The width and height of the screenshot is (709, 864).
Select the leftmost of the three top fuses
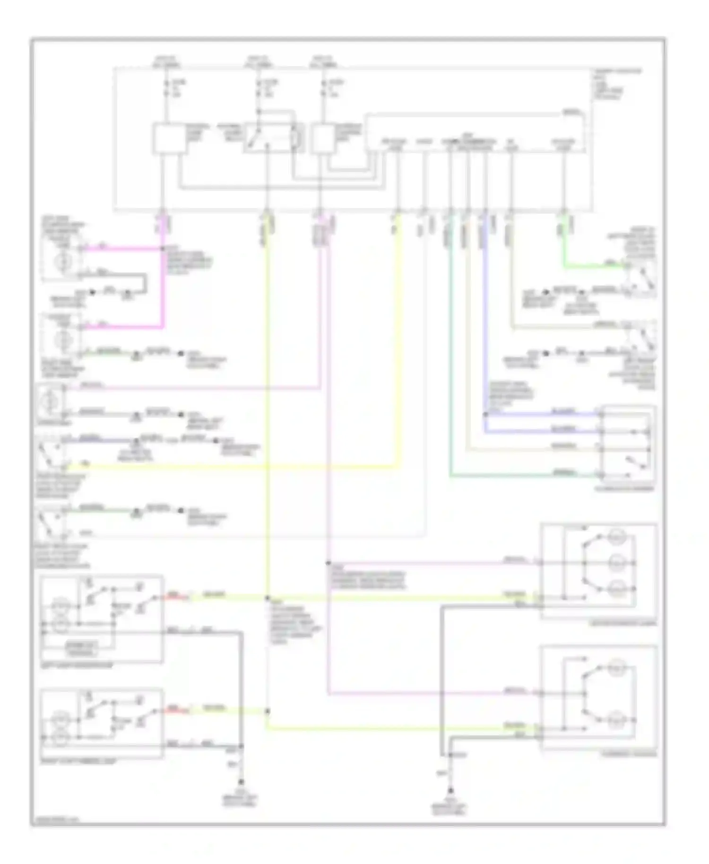click(165, 87)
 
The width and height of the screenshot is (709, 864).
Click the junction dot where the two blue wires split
click(485, 415)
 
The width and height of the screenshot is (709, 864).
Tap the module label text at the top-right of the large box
click(617, 84)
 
